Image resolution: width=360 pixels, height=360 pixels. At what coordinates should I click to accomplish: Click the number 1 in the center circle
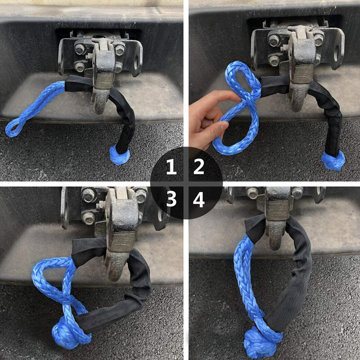[x=171, y=167]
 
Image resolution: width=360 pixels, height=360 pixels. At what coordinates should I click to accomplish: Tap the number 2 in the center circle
[x=199, y=167]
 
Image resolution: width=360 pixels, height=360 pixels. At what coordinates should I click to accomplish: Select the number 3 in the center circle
[x=171, y=199]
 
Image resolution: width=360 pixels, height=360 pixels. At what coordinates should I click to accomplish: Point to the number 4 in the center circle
[x=199, y=199]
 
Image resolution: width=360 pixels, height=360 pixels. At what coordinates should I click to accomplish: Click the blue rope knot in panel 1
[x=119, y=155]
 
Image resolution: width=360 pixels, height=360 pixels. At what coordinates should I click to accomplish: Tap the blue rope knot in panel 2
[x=333, y=161]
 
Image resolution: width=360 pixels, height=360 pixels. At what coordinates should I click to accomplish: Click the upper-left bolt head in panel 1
[x=80, y=49]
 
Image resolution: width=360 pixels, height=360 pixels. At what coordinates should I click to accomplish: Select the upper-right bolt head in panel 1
[x=120, y=50]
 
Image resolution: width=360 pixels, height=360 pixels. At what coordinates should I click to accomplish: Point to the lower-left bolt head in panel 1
[x=80, y=67]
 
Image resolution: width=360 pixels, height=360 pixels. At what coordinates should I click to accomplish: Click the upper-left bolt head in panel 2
[x=274, y=40]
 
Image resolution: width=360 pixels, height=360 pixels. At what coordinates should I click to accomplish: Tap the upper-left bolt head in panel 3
[x=89, y=195]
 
